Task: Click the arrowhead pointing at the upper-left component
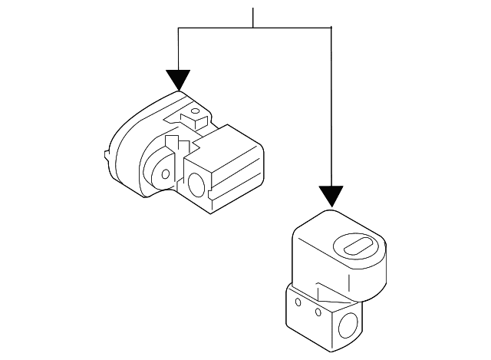[178, 79]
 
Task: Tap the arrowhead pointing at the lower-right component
[331, 196]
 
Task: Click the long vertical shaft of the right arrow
[331, 107]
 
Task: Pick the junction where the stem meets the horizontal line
[254, 28]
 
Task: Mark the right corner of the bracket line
[331, 28]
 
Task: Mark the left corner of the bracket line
[178, 28]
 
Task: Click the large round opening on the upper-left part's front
[196, 184]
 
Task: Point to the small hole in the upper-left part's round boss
[166, 173]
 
